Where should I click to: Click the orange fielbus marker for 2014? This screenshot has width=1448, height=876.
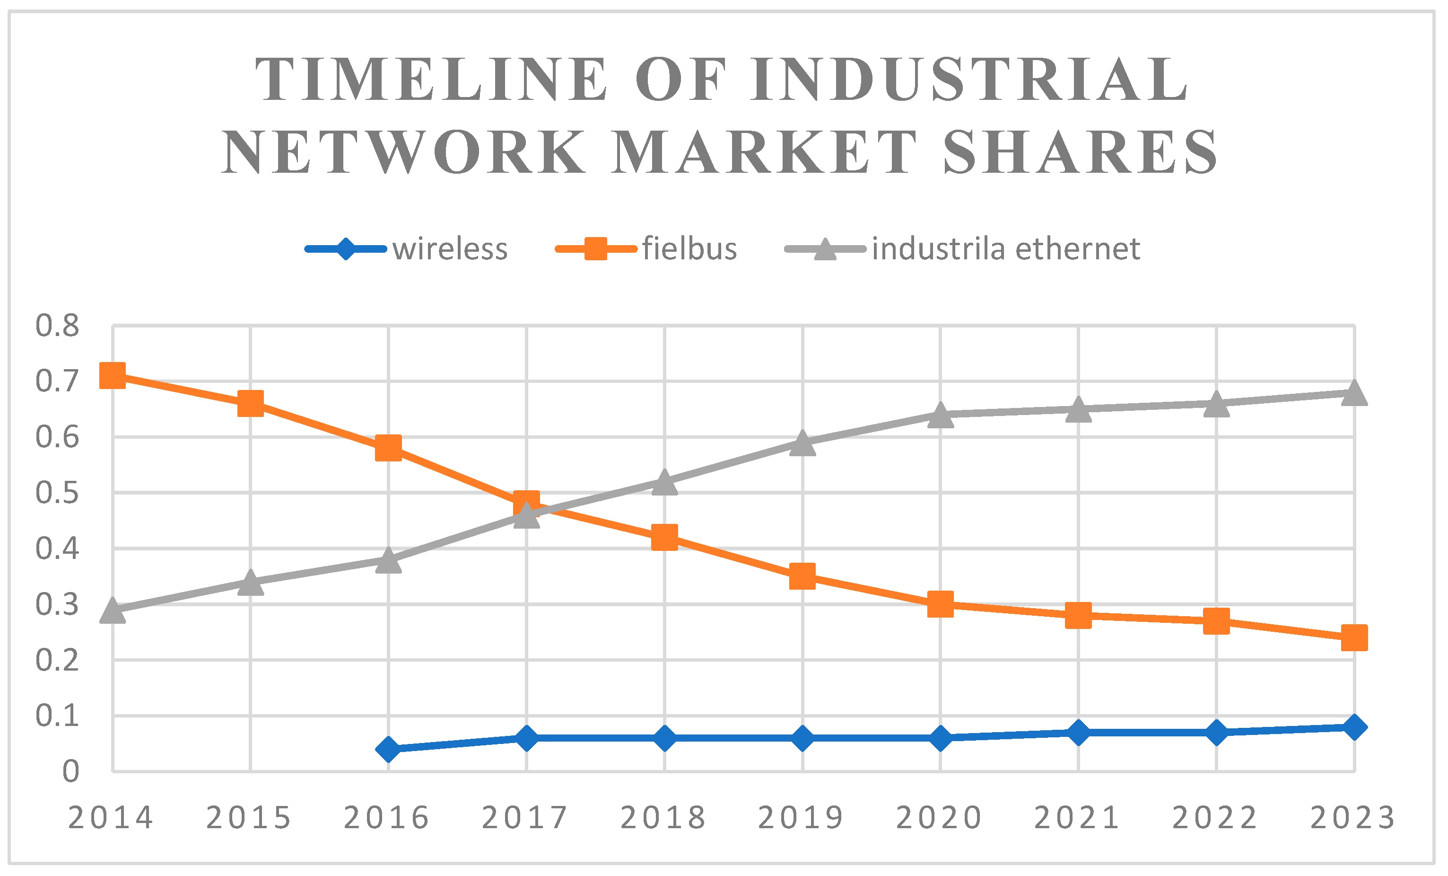112,375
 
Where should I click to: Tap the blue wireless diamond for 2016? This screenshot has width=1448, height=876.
388,749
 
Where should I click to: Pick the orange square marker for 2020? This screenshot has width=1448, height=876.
940,604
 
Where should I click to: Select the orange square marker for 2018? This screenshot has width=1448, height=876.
664,537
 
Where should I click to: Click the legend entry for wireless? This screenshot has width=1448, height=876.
450,248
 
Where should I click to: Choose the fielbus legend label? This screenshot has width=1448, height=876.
689,248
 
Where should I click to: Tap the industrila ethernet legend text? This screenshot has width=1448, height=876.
1005,248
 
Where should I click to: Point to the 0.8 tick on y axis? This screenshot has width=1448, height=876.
57,326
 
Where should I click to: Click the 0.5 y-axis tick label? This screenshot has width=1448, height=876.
57,493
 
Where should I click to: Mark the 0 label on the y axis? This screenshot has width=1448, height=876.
70,771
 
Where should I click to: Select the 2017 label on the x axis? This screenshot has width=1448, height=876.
525,818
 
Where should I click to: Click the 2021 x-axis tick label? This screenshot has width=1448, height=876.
1077,818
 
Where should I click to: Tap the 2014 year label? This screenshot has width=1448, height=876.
111,818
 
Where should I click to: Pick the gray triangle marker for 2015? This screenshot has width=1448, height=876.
250,583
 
